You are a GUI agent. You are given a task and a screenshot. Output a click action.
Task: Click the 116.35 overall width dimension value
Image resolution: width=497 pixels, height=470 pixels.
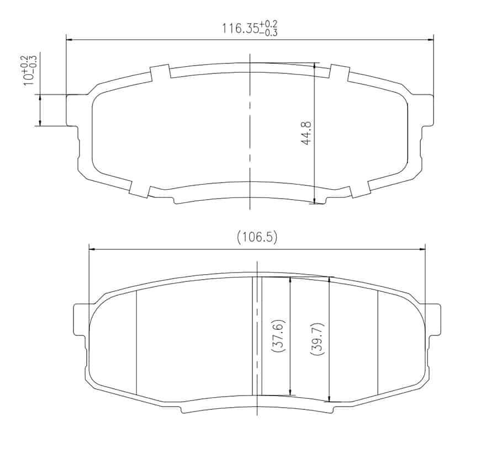(241, 28)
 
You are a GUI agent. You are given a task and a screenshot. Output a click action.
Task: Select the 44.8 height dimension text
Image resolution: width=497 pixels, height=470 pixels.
(306, 133)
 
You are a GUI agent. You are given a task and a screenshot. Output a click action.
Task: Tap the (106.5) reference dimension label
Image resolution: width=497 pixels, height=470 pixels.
(257, 237)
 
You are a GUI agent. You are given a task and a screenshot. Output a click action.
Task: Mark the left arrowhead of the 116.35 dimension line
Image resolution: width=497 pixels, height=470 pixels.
(70, 39)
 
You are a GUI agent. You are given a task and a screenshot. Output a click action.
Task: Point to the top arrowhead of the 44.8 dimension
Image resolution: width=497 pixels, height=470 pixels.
(314, 66)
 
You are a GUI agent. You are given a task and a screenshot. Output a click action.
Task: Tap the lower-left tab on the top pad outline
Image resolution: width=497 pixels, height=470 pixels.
(139, 188)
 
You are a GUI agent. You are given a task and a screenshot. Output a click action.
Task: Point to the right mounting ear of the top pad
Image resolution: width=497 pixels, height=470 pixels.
(425, 110)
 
